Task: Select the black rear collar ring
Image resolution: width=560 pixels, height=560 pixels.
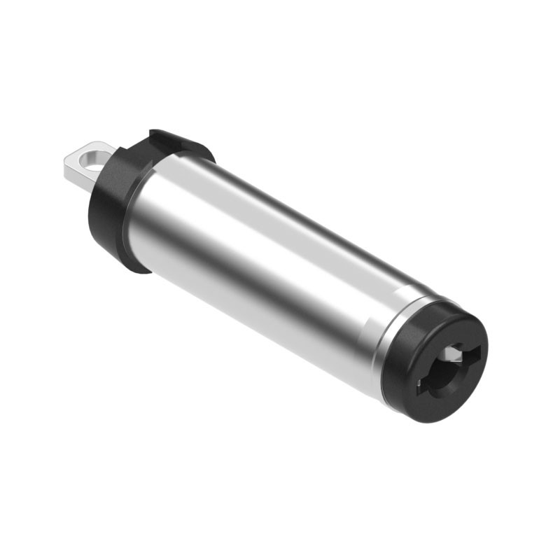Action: [112, 210]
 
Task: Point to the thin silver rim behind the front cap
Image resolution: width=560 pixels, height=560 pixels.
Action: [384, 350]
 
